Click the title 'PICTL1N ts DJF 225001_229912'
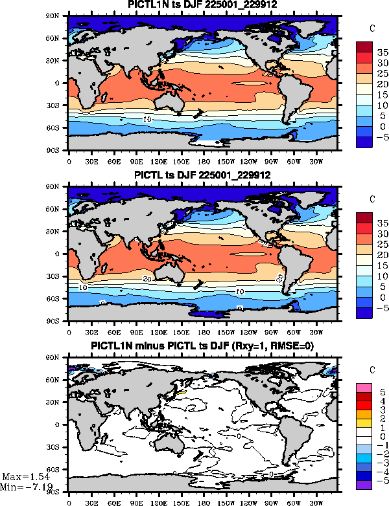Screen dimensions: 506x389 point(202,6)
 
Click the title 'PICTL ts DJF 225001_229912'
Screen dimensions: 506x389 point(202,175)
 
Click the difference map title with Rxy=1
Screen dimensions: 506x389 point(202,346)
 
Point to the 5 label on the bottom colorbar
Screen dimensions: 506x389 point(382,392)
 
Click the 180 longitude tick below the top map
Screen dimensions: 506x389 point(202,160)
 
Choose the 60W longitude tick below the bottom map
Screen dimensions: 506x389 point(292,500)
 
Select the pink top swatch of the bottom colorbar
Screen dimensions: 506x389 point(364,388)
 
